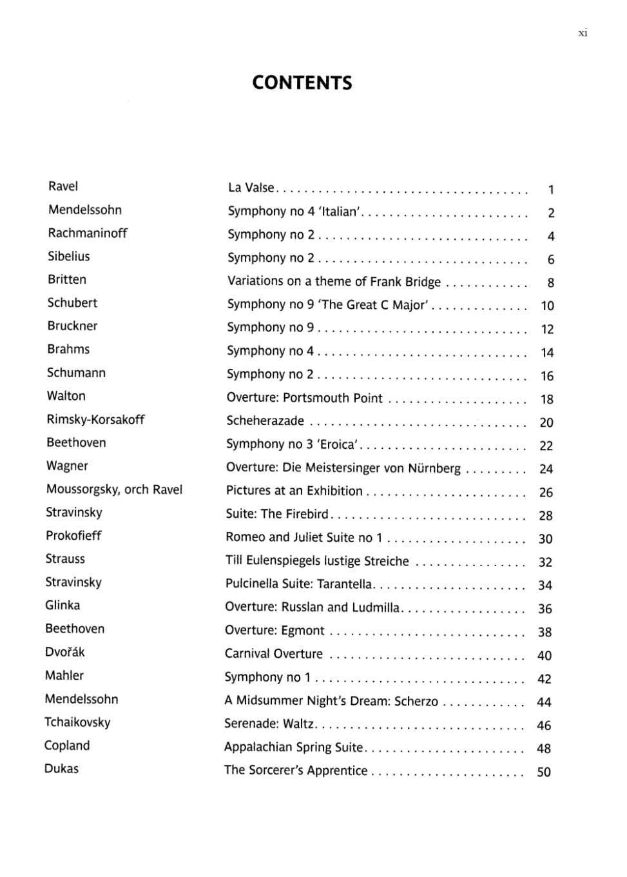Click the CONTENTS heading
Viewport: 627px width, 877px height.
(x=302, y=83)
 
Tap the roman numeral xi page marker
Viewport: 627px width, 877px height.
(x=583, y=34)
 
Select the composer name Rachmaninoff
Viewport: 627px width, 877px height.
(x=88, y=233)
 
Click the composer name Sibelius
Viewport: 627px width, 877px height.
(x=69, y=256)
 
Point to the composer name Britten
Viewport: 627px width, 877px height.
(x=67, y=279)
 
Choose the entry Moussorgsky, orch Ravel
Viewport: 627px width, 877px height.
(x=114, y=489)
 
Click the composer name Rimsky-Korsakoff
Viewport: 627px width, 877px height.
(x=95, y=419)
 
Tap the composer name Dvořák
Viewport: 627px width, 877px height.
(x=65, y=652)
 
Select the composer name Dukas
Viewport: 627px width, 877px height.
(x=61, y=769)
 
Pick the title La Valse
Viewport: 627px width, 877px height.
(x=251, y=188)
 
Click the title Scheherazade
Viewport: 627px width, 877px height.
(x=265, y=421)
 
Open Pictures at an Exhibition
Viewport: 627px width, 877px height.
(x=294, y=491)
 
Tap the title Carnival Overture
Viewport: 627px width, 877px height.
(x=274, y=654)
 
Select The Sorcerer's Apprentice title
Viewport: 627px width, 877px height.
(x=296, y=771)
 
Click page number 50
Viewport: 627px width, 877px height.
(x=544, y=772)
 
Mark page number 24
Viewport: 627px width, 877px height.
(x=546, y=469)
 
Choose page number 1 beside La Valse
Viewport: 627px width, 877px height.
(x=551, y=190)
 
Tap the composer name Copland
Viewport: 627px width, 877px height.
(x=67, y=745)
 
